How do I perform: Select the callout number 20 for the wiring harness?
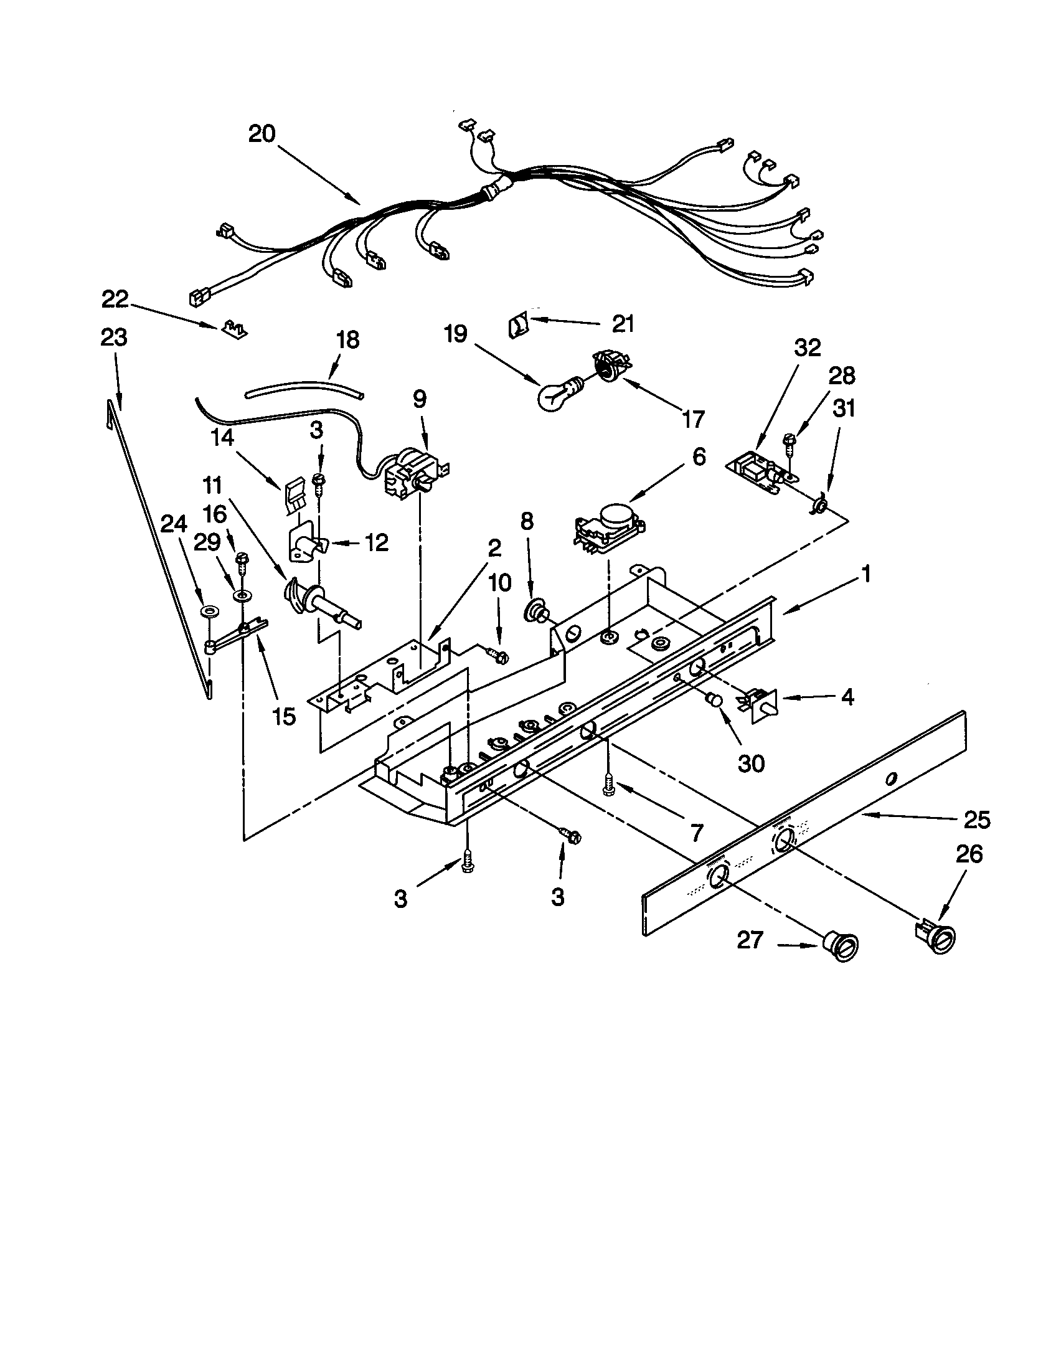point(262,134)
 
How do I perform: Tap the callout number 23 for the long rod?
point(113,338)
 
